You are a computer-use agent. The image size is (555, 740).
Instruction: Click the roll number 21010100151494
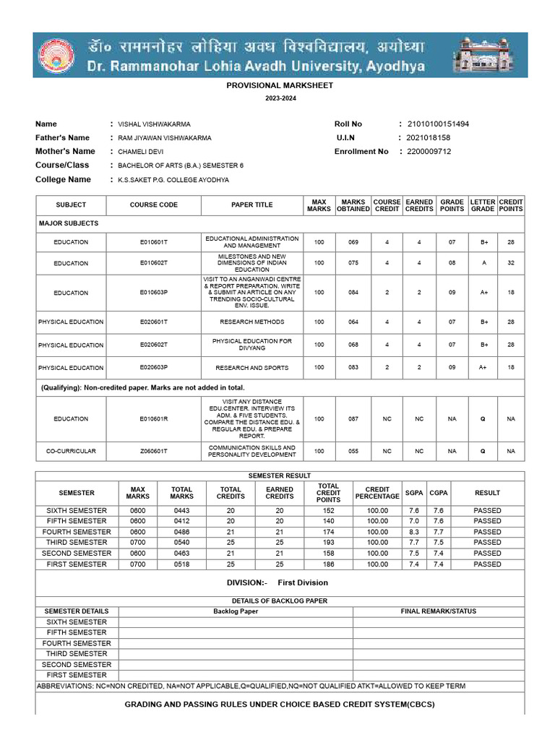coord(438,124)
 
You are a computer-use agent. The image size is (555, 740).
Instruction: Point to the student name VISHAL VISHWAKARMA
coord(154,124)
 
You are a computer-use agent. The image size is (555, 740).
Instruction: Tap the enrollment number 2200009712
coord(429,152)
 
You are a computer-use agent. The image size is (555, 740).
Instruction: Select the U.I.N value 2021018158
coord(429,137)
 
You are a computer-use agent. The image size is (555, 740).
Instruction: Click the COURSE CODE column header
coord(153,205)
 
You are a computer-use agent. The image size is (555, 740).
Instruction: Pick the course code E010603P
coord(153,293)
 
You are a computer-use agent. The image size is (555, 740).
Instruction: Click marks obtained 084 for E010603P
coord(353,293)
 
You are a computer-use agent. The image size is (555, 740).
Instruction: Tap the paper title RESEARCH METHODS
coord(251,322)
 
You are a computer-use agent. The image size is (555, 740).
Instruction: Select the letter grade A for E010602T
coord(483,263)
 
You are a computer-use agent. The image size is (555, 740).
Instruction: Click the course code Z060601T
coord(153,452)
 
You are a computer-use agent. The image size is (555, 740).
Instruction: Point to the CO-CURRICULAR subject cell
coord(71,452)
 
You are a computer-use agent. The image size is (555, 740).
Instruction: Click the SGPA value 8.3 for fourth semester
coord(414,532)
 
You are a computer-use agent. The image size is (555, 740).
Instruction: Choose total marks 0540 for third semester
coord(181,542)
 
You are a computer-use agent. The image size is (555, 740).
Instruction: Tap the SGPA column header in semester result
coord(414,493)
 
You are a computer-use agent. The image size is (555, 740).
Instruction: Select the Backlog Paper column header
coord(236,611)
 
